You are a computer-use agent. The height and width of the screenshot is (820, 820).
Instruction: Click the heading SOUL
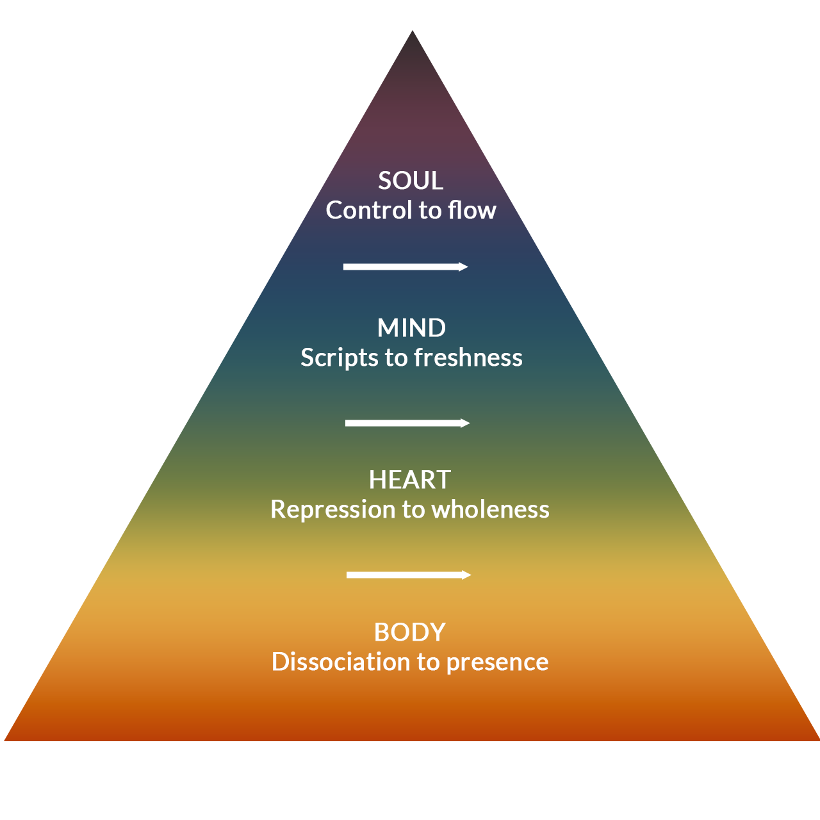[411, 181]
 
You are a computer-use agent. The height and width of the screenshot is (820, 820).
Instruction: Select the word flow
[472, 210]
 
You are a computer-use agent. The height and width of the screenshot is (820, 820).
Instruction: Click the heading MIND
[411, 328]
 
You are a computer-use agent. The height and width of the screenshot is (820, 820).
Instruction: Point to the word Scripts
[339, 357]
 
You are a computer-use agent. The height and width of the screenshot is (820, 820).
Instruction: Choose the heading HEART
[410, 480]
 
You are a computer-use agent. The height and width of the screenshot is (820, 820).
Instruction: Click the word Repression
[332, 509]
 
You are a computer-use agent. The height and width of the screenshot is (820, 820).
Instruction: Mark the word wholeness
[490, 509]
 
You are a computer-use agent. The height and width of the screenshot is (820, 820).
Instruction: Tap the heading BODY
[410, 632]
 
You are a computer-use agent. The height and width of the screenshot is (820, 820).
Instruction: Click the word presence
[497, 662]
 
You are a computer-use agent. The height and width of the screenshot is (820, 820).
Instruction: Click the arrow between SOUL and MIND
[406, 267]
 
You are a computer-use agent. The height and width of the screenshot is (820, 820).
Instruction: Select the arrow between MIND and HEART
[407, 423]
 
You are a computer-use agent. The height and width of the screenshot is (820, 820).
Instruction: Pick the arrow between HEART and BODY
[409, 575]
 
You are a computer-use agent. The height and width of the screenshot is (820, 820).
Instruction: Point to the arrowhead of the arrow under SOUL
[464, 267]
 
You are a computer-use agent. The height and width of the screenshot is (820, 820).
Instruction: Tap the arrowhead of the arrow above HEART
[466, 423]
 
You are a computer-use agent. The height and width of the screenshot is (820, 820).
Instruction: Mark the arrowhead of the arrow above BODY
[467, 575]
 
